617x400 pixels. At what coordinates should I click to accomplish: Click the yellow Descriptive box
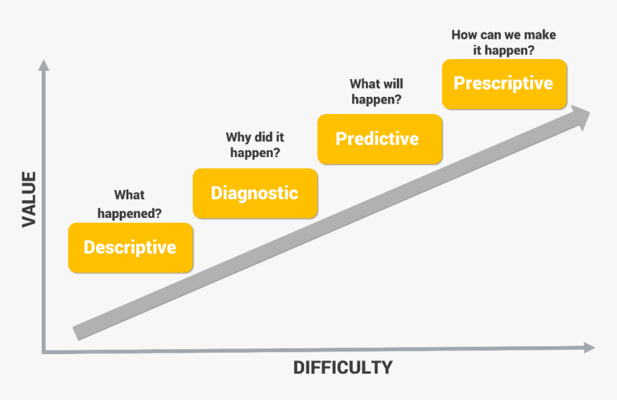pyautogui.click(x=130, y=247)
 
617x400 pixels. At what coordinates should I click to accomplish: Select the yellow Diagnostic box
pyautogui.click(x=255, y=193)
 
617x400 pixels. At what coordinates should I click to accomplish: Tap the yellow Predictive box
pyautogui.click(x=379, y=138)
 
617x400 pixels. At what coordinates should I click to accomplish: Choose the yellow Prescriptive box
pyautogui.click(x=504, y=83)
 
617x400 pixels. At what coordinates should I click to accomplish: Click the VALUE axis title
pyautogui.click(x=29, y=199)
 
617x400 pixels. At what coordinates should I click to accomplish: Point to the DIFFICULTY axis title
pyautogui.click(x=343, y=368)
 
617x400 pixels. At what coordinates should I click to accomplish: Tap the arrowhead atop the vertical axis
pyautogui.click(x=44, y=67)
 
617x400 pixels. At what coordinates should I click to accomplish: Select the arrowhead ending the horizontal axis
pyautogui.click(x=589, y=348)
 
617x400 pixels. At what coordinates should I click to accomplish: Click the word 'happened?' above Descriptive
pyautogui.click(x=130, y=213)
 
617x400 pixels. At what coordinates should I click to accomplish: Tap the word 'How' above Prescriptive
pyautogui.click(x=465, y=34)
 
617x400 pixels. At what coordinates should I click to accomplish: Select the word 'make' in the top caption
pyautogui.click(x=540, y=34)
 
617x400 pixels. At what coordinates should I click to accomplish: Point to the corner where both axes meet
pyautogui.click(x=44, y=351)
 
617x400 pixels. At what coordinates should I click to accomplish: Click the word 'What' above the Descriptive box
pyautogui.click(x=129, y=195)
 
